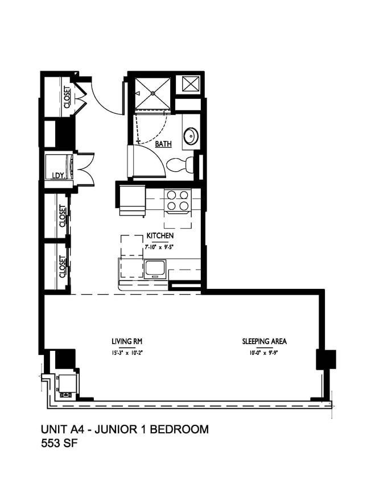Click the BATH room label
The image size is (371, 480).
pyautogui.click(x=163, y=144)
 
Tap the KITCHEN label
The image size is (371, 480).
pyautogui.click(x=160, y=235)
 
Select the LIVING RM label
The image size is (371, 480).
pyautogui.click(x=126, y=342)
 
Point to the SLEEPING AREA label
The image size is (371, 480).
pyautogui.click(x=264, y=342)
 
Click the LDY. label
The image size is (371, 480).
pyautogui.click(x=57, y=175)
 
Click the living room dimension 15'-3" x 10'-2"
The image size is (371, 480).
pyautogui.click(x=126, y=352)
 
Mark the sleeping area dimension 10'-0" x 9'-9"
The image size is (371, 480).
pyautogui.click(x=264, y=352)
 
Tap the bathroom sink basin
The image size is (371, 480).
pyautogui.click(x=190, y=136)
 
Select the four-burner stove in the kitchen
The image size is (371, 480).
pyautogui.click(x=178, y=201)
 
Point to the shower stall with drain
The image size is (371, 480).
pyautogui.click(x=152, y=93)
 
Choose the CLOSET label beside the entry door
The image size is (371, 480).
pyautogui.click(x=67, y=97)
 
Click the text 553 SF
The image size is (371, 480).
pyautogui.click(x=59, y=444)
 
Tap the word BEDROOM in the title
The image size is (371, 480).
pyautogui.click(x=180, y=429)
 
